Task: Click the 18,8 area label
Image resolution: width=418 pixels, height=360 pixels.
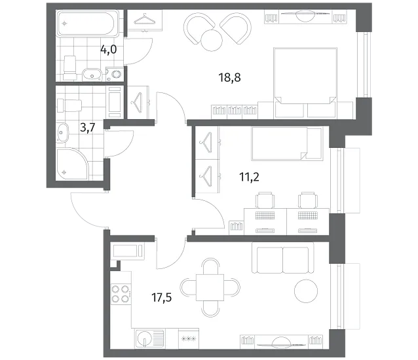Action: click(229, 77)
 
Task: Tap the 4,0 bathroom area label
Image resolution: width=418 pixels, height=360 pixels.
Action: click(109, 49)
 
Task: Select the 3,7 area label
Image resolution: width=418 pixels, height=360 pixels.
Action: click(88, 128)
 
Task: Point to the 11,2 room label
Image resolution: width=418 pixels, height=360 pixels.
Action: click(249, 177)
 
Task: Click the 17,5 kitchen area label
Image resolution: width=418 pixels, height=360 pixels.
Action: click(162, 297)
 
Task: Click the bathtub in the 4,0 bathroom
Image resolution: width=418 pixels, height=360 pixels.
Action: click(88, 24)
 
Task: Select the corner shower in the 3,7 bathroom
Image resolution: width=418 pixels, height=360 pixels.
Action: click(72, 164)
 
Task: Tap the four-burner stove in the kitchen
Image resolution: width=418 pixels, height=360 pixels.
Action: click(121, 294)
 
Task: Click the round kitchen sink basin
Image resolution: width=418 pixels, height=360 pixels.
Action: click(144, 339)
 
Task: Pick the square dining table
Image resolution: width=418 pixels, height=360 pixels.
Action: click(210, 287)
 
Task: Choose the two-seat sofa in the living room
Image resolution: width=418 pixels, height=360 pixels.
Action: click(283, 259)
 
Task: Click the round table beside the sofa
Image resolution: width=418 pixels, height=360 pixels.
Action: click(306, 291)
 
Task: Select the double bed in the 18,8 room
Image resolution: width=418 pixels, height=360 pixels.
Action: click(305, 82)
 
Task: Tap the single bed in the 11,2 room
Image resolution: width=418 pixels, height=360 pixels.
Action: click(287, 144)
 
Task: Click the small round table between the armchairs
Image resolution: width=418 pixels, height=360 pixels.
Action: click(212, 40)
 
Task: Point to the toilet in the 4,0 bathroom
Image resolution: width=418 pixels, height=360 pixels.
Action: click(70, 68)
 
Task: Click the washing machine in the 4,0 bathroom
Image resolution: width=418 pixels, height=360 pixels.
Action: click(115, 74)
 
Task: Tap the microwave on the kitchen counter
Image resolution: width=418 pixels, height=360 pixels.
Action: click(127, 251)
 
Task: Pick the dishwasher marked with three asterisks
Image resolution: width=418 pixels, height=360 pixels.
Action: click(189, 338)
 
